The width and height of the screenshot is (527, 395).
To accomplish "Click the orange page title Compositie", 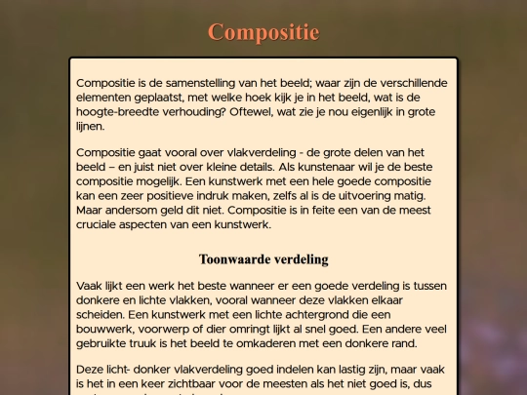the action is [263, 32].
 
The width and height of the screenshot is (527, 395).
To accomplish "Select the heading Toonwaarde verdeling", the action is [263, 259].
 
